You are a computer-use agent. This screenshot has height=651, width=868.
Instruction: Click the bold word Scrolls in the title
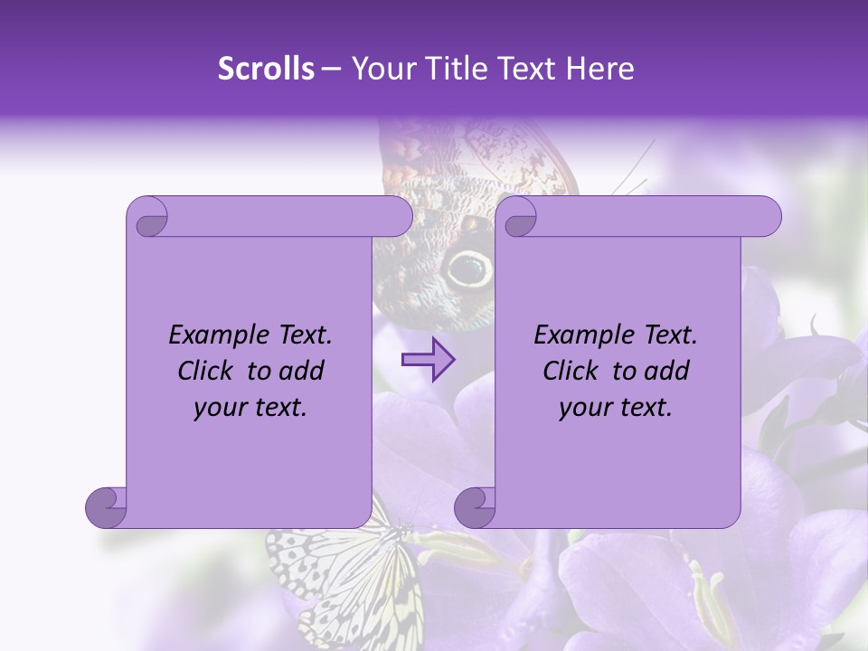(x=266, y=69)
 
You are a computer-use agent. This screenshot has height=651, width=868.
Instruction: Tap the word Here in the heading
(x=600, y=69)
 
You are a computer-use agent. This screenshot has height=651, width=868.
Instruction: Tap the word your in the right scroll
(x=585, y=408)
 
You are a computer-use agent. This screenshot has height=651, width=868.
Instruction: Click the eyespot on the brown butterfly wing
(x=468, y=268)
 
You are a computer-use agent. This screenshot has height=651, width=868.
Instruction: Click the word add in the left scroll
(x=302, y=371)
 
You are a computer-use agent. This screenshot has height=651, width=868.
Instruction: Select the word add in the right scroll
(x=667, y=371)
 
